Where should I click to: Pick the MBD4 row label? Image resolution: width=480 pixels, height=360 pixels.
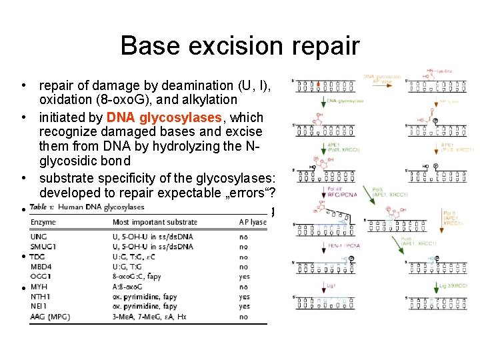click(42, 267)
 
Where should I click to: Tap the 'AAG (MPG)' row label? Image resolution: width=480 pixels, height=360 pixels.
click(51, 317)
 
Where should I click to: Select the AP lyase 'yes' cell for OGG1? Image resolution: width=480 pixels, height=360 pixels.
click(244, 277)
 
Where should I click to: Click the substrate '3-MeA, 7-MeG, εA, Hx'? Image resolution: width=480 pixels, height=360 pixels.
click(152, 317)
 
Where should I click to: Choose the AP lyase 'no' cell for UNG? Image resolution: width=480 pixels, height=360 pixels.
click(243, 237)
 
